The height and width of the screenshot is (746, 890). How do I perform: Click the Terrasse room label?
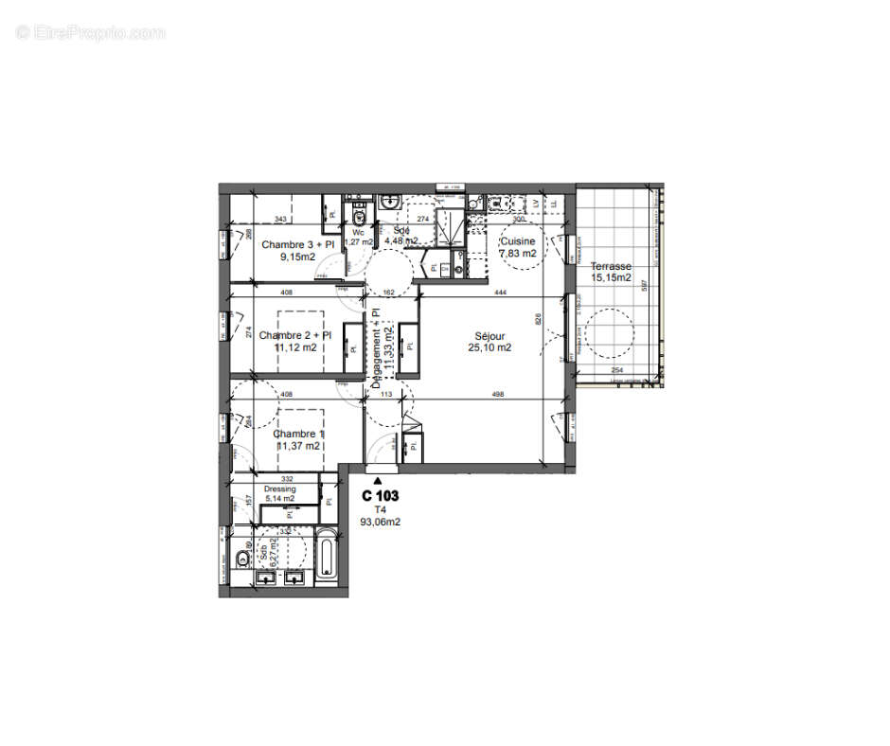(610, 266)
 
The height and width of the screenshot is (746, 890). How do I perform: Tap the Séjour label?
(489, 336)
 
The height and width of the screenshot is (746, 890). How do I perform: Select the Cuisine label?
(518, 240)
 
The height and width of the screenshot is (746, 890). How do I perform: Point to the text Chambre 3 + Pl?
(297, 244)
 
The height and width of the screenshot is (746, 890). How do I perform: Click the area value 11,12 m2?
(296, 347)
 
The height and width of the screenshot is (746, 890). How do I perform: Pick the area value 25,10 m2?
(489, 347)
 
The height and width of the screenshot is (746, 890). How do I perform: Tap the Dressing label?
(280, 488)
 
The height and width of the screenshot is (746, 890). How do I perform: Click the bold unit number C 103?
(381, 495)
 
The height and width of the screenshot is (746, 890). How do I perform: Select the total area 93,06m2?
(381, 520)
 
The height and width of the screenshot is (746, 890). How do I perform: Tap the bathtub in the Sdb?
(326, 557)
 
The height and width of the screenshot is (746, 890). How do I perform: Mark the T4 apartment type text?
(381, 508)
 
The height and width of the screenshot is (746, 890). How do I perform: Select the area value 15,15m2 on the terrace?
(611, 277)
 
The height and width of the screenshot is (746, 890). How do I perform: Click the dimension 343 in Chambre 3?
(280, 220)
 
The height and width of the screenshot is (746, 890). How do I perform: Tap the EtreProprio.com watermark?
(91, 32)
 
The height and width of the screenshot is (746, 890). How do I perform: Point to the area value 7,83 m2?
(518, 253)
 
